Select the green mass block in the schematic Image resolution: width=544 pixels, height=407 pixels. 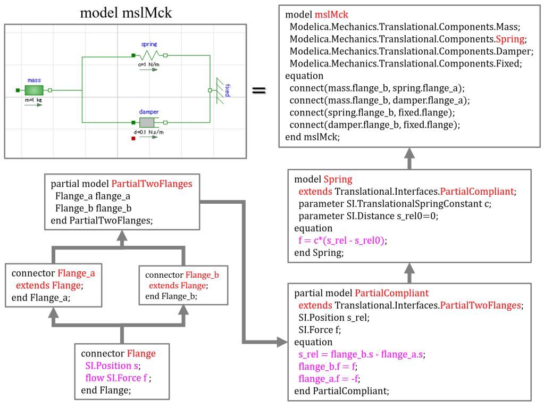(34, 90)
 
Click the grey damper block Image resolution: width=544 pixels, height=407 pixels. (147, 122)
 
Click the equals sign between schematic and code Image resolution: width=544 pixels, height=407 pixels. (258, 90)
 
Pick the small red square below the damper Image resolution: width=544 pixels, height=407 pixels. (133, 139)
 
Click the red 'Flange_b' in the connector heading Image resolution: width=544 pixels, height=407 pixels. (202, 276)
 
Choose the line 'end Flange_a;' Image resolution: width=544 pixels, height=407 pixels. (41, 298)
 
